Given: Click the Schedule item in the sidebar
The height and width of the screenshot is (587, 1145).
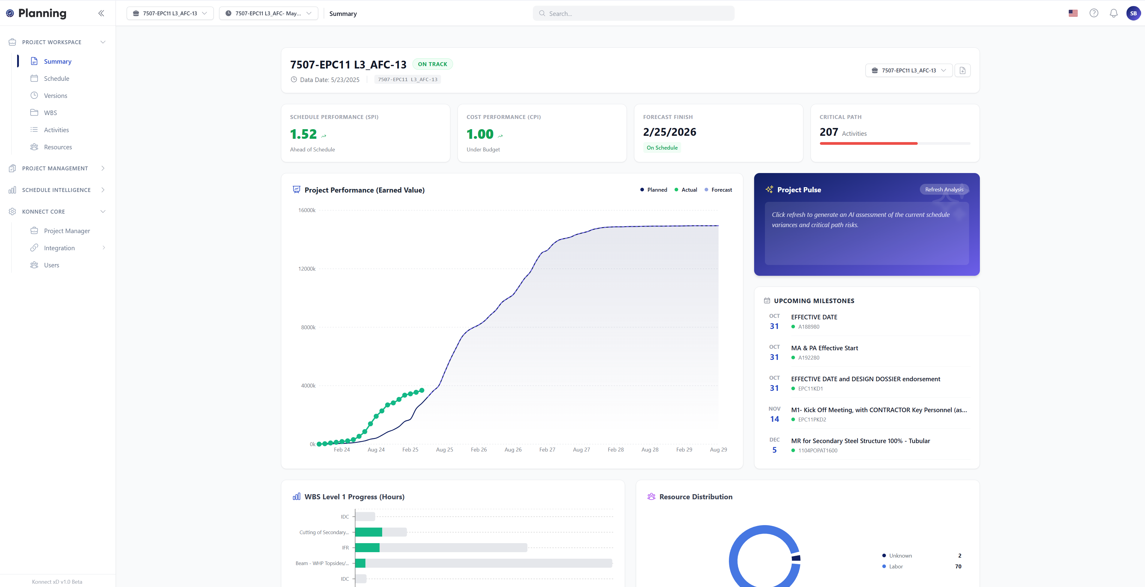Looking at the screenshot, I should tap(56, 79).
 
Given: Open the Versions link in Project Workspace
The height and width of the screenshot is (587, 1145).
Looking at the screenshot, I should tap(56, 96).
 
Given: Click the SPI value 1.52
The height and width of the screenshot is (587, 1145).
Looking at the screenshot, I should tap(303, 134).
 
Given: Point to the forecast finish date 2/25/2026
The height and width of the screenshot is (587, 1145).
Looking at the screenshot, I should tap(669, 132).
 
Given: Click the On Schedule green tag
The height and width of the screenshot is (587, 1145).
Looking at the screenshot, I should tap(662, 148).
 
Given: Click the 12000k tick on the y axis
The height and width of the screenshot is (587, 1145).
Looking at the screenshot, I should tap(307, 269).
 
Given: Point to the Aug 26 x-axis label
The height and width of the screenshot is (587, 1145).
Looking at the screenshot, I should tap(513, 450).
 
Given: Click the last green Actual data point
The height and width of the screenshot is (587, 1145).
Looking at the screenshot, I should tap(422, 391).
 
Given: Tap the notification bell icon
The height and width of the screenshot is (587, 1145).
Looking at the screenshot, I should tap(1113, 13).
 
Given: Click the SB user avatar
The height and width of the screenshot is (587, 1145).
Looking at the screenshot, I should tap(1133, 13).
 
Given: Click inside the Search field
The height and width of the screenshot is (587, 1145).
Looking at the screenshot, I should tap(633, 13).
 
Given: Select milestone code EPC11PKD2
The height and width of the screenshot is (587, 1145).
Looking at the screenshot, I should tap(812, 419).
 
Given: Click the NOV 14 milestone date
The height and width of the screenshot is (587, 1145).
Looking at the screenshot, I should tap(774, 415).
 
